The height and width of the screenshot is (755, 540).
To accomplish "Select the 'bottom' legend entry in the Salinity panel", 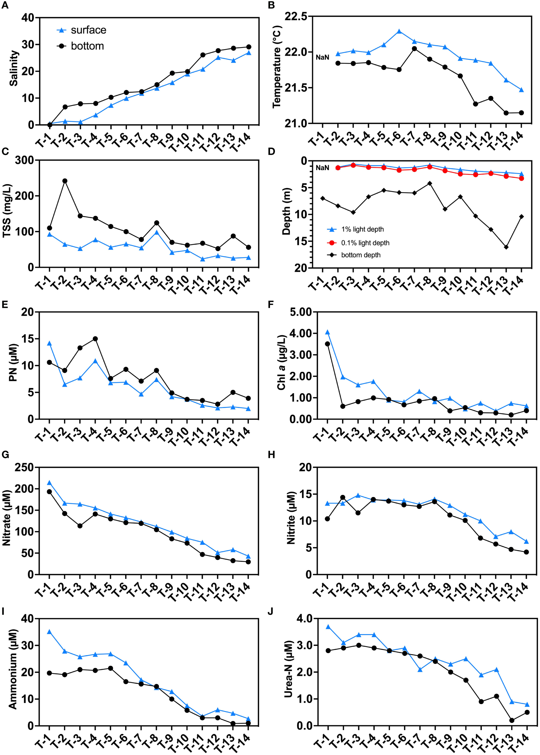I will coord(81,46).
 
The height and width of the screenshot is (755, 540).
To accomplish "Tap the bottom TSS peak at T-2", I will coord(65,181).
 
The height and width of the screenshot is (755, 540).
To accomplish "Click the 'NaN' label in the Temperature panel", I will coord(322,57).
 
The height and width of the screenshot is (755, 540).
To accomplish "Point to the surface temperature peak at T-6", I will coord(399,31).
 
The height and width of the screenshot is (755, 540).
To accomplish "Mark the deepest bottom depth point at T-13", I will coord(506,247).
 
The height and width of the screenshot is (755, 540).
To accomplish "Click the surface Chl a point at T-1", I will coord(327,333).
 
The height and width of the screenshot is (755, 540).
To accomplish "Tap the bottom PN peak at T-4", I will coord(95,339).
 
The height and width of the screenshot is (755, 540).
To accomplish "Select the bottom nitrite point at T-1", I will coord(327,519).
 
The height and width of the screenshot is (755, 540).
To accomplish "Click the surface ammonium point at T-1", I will coord(49,632).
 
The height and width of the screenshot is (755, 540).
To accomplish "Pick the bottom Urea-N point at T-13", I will coord(512,718).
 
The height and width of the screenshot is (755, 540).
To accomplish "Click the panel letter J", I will coord(270,612).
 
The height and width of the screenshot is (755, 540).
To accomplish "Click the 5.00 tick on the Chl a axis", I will coord(300,312).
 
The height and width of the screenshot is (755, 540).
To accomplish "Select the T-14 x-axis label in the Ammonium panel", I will coord(241,743).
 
